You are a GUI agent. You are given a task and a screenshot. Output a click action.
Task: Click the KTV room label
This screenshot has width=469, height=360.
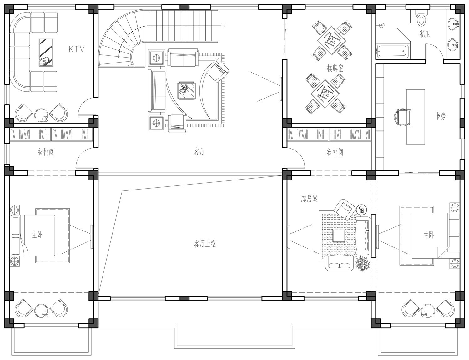pyautogui.click(x=77, y=49)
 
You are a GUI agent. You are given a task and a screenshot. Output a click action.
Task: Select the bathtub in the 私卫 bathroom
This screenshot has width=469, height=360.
pyautogui.click(x=393, y=51)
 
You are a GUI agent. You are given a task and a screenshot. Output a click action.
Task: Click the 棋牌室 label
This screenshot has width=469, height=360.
pyautogui.click(x=335, y=68)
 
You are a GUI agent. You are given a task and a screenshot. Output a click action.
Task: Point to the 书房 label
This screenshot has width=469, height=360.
pyautogui.click(x=440, y=116)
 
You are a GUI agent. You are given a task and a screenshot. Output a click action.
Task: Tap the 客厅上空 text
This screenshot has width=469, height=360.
pyautogui.click(x=204, y=244)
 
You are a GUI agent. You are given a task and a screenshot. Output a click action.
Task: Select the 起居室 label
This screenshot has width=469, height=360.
pyautogui.click(x=309, y=198)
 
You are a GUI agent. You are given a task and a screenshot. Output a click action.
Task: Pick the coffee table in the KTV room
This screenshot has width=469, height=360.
pyautogui.click(x=46, y=52)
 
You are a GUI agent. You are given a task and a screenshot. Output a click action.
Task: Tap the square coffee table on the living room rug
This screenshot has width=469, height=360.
pyautogui.click(x=186, y=91)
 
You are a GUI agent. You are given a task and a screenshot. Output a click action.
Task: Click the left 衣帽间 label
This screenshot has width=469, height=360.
pyautogui.click(x=46, y=152)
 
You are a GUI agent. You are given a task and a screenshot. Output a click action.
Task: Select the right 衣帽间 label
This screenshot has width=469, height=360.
pyautogui.click(x=335, y=152)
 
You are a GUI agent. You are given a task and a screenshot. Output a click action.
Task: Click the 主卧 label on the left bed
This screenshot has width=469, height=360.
pyautogui.click(x=37, y=234)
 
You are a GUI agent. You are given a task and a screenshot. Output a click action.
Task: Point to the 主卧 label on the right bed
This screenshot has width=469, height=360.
pyautogui.click(x=429, y=235)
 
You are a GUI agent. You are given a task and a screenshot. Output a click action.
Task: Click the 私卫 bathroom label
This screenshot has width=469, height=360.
pyautogui.click(x=425, y=34)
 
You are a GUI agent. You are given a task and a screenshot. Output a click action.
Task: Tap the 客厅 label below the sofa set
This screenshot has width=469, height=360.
pyautogui.click(x=199, y=152)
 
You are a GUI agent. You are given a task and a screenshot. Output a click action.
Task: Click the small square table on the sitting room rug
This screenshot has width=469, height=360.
pyautogui.click(x=339, y=236)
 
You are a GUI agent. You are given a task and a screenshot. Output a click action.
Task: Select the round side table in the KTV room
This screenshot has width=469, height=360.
pyautogui.click(x=41, y=115)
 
